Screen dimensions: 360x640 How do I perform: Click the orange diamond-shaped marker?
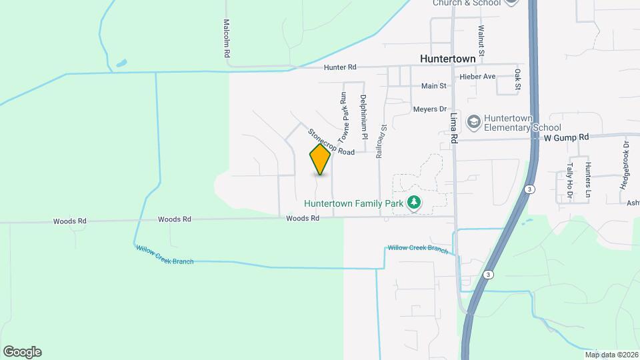(x=320, y=159)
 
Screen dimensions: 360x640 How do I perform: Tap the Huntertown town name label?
(x=448, y=59)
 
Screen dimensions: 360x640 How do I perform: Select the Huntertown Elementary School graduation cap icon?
(x=473, y=121)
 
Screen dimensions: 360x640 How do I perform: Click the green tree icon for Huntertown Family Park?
(x=414, y=202)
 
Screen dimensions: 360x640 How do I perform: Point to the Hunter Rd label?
(x=341, y=67)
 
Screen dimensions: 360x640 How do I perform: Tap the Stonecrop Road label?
(x=331, y=142)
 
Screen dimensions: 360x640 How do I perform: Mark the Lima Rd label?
(x=454, y=127)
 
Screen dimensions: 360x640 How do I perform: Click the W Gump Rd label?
(x=567, y=137)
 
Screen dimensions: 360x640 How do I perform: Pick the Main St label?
(x=433, y=86)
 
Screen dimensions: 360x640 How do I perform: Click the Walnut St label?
(x=480, y=41)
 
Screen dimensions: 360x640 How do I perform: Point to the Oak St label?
(x=517, y=79)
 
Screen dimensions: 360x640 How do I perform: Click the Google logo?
(x=22, y=352)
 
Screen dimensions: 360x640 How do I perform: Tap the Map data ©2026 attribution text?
(x=611, y=354)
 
